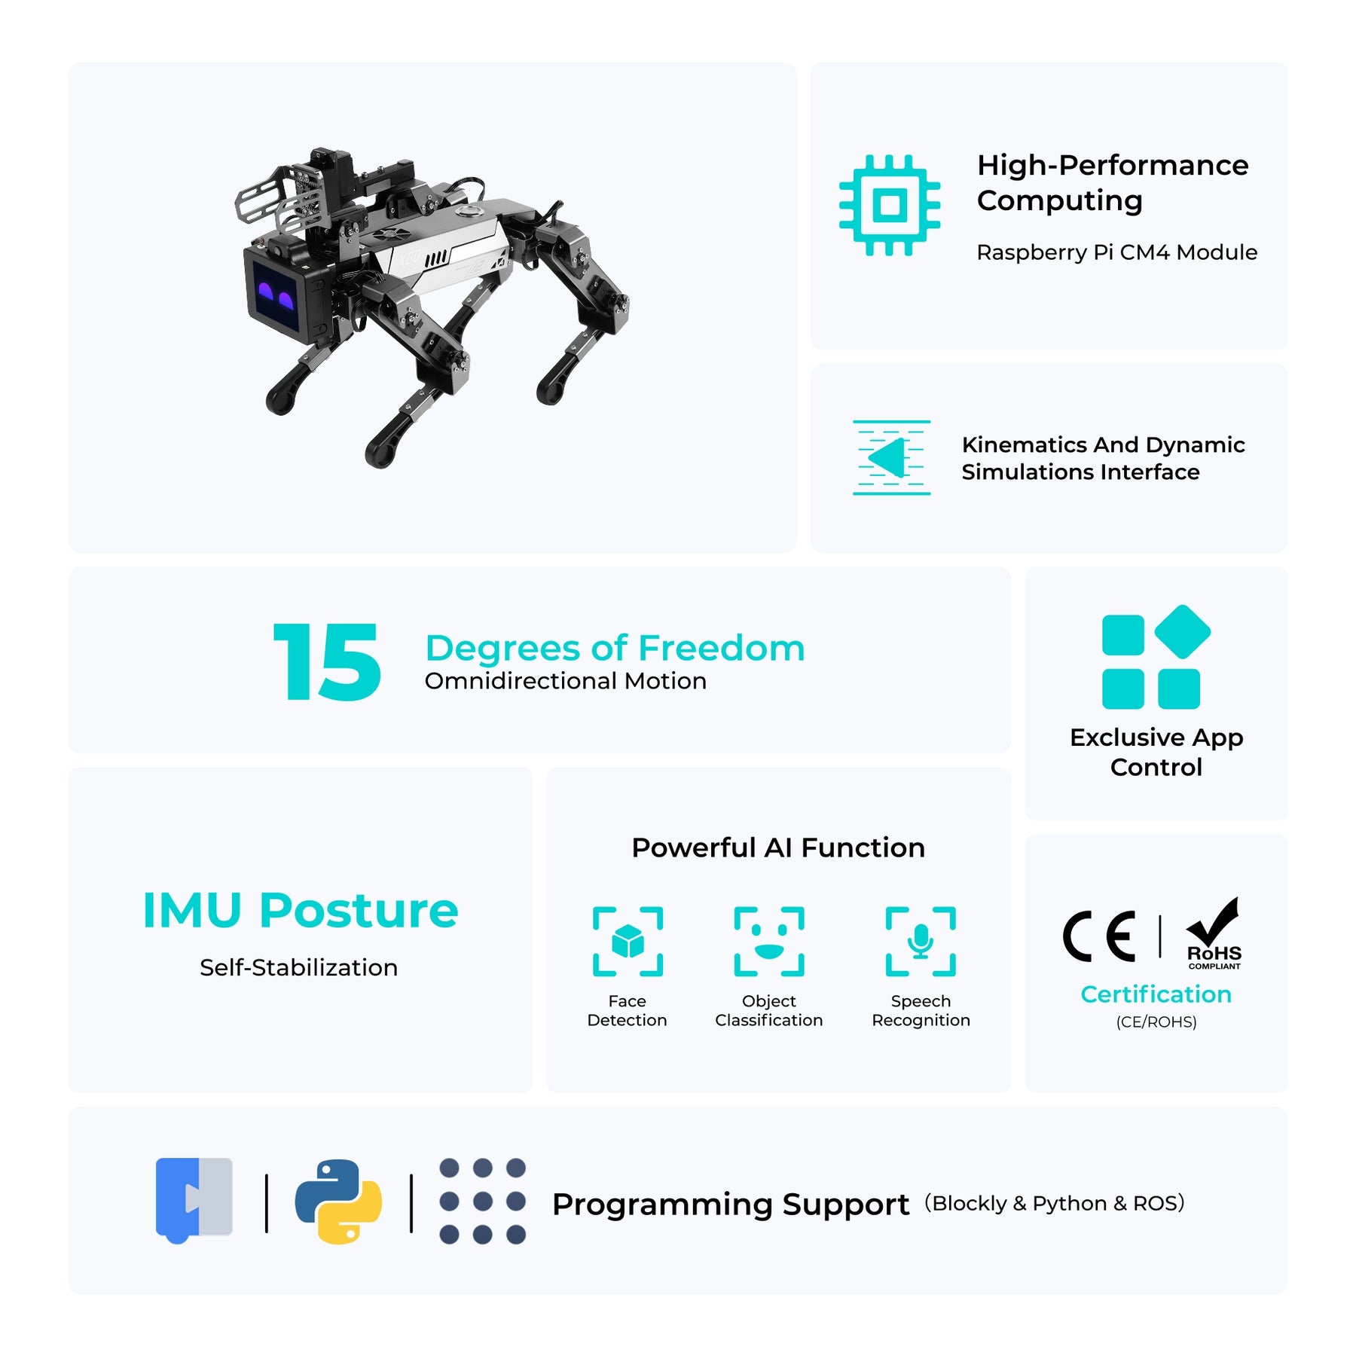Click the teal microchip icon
(890, 205)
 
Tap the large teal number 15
(328, 662)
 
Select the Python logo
(338, 1202)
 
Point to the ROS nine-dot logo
(482, 1201)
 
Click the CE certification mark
(1099, 936)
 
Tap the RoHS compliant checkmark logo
(1213, 933)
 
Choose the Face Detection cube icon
(628, 942)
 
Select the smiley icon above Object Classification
(769, 942)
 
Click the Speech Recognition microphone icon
(921, 942)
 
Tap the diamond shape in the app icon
(1182, 631)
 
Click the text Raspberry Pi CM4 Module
(1116, 252)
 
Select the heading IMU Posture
(300, 910)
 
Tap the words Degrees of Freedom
(615, 648)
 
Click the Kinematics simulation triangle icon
(891, 457)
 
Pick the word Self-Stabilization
(298, 967)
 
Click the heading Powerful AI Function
(778, 847)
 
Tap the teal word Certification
(1156, 994)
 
